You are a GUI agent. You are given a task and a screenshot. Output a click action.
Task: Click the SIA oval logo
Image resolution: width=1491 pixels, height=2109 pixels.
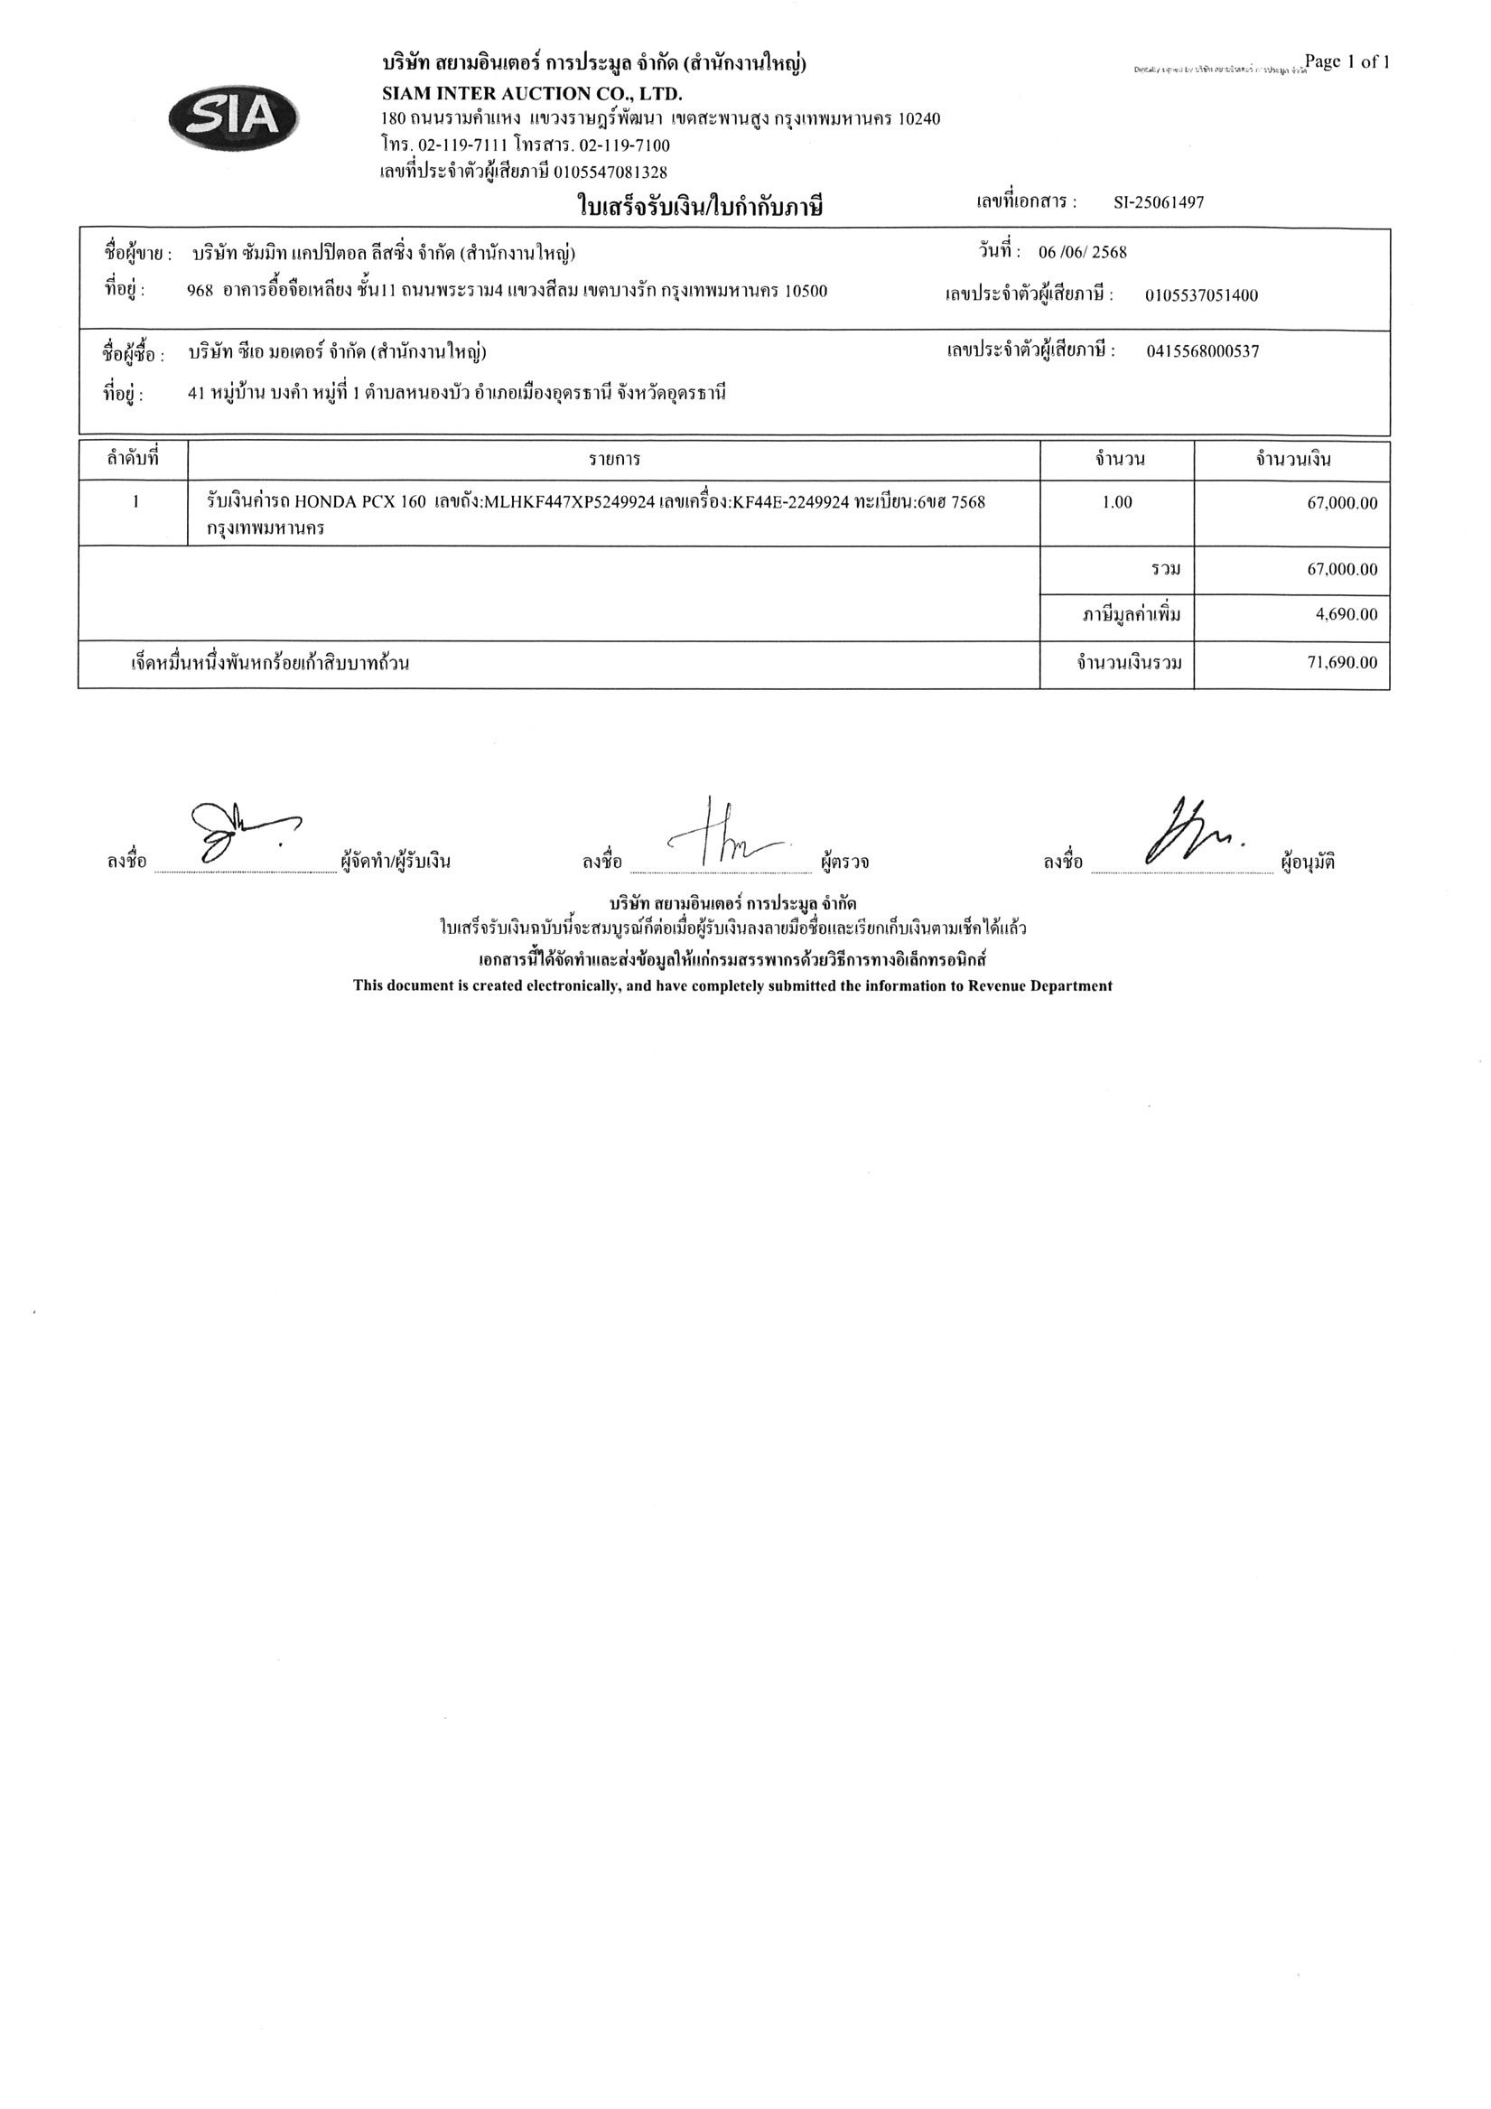pyautogui.click(x=233, y=117)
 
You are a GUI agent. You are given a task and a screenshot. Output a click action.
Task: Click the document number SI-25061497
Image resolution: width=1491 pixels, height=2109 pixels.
pyautogui.click(x=1158, y=203)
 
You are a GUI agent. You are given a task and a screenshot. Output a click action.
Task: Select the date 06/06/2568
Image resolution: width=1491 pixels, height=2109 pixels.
pyautogui.click(x=1082, y=253)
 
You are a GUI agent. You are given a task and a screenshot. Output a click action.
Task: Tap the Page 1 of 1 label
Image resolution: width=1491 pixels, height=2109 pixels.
pyautogui.click(x=1347, y=62)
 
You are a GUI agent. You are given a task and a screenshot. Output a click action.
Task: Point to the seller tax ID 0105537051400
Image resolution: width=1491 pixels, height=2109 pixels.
pyautogui.click(x=1201, y=295)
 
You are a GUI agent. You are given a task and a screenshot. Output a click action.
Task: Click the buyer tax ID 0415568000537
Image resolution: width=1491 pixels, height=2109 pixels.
pyautogui.click(x=1203, y=350)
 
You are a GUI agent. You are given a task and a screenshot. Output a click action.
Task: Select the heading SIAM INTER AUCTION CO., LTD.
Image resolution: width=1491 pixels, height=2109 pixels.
pyautogui.click(x=532, y=94)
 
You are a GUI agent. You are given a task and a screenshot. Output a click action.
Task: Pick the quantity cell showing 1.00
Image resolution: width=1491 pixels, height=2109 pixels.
pyautogui.click(x=1116, y=502)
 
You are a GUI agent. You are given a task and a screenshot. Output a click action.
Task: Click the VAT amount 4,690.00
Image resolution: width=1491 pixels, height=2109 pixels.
pyautogui.click(x=1346, y=614)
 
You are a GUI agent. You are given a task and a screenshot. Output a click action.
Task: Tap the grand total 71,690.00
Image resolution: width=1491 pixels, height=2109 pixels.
pyautogui.click(x=1342, y=662)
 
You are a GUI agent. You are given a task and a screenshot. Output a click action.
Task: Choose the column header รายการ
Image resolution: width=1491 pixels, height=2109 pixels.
pyautogui.click(x=614, y=459)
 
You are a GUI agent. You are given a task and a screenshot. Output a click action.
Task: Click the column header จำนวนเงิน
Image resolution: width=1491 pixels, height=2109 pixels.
pyautogui.click(x=1292, y=459)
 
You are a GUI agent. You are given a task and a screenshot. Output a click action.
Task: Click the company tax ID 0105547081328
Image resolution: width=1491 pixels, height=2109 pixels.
pyautogui.click(x=610, y=172)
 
